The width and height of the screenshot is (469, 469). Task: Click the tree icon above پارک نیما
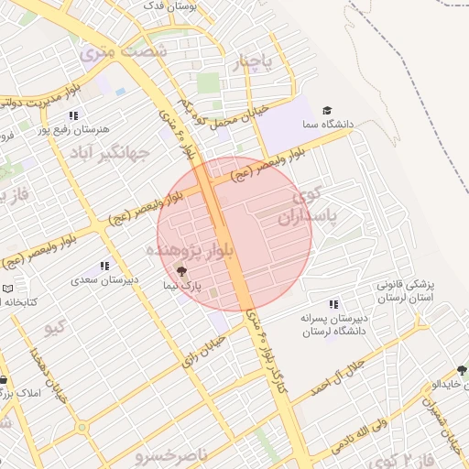180,271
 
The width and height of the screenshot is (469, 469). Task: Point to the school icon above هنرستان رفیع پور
72,115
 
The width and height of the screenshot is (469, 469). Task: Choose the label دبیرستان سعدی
106,279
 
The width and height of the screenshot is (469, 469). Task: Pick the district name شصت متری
124,52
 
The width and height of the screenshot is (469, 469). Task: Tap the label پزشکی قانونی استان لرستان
404,291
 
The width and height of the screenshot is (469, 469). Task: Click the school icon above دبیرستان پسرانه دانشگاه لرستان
333,303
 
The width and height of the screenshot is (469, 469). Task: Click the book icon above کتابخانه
8,288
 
